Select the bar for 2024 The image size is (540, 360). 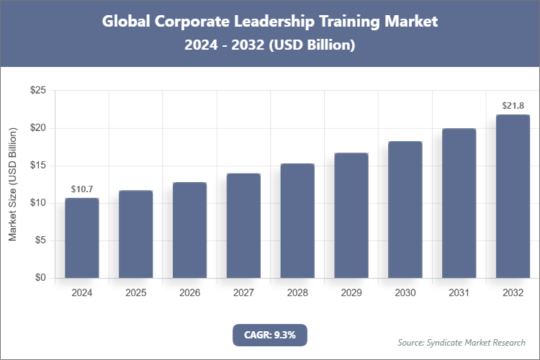(x=82, y=238)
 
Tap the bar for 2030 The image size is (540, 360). (x=405, y=210)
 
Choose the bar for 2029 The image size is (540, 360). (x=351, y=215)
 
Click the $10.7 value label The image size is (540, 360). (x=82, y=189)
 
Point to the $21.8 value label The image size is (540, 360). (x=513, y=106)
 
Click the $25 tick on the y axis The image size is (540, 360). (x=37, y=91)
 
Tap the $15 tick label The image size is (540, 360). (x=37, y=166)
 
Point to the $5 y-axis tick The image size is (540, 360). (x=40, y=240)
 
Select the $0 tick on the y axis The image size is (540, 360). (x=40, y=278)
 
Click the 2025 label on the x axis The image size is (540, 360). (x=136, y=293)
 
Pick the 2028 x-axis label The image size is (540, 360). (x=297, y=293)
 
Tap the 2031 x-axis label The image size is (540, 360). (x=459, y=293)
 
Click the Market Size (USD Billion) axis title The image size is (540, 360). (x=12, y=184)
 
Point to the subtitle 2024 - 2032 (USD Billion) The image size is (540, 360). (x=270, y=45)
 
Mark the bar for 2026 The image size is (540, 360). (x=189, y=230)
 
